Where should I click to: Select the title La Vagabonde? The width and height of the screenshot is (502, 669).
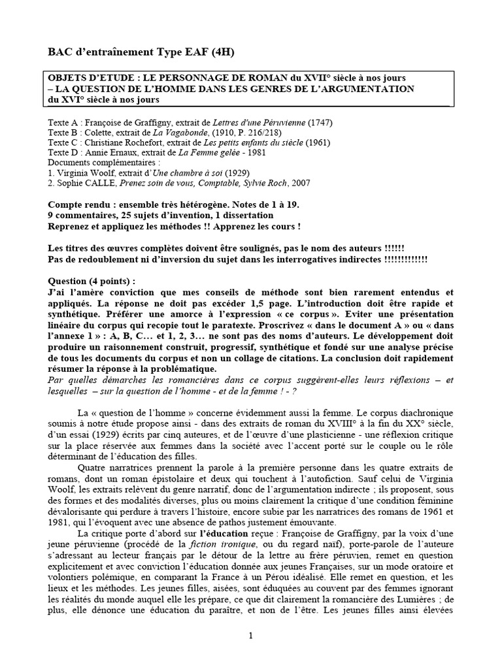click(175, 132)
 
